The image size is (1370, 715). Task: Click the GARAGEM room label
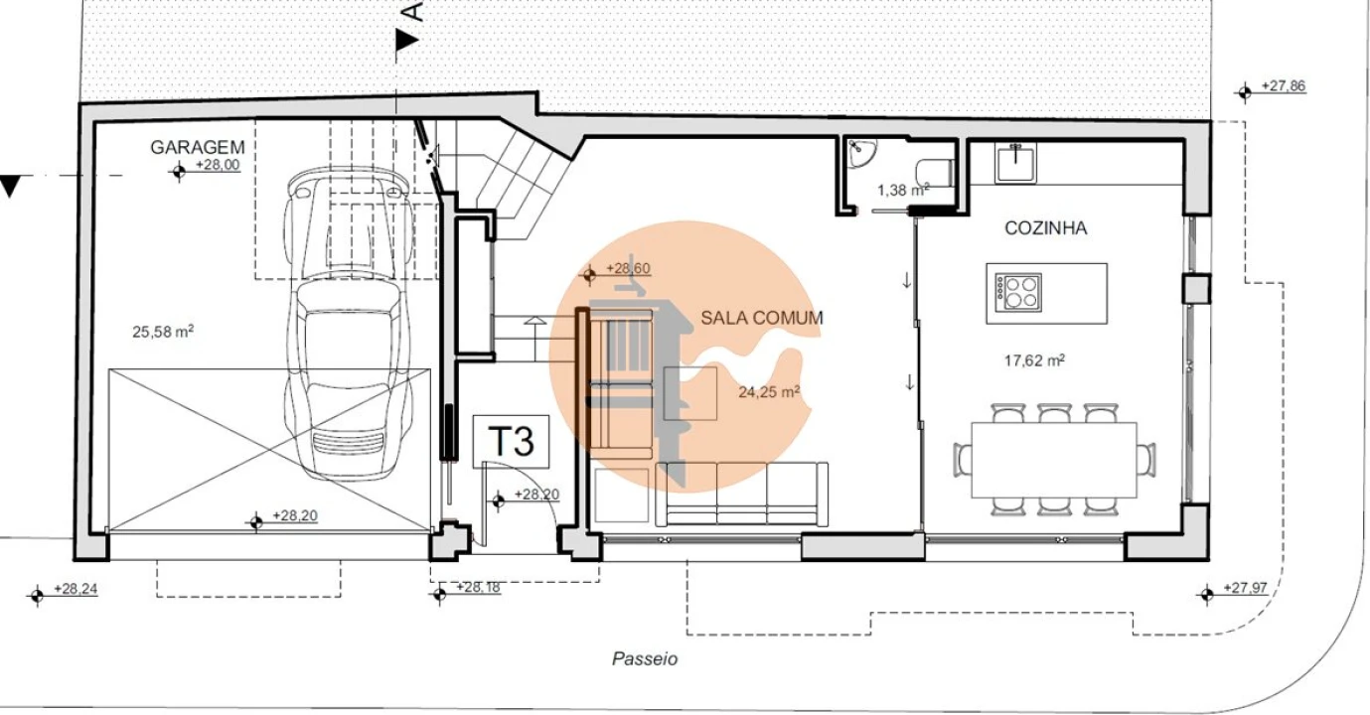point(197,147)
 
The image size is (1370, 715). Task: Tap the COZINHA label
point(1046,228)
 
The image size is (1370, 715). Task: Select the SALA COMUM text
point(761,318)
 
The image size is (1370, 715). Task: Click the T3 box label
point(511,441)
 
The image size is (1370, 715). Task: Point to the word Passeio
point(645,658)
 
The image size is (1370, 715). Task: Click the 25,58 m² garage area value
point(163,332)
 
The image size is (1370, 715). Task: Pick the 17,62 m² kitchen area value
point(1034,360)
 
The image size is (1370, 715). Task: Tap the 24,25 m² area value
point(769,391)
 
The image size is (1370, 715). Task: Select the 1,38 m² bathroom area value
point(903,190)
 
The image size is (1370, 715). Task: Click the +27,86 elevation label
point(1284,86)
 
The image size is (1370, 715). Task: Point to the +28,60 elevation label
point(628,268)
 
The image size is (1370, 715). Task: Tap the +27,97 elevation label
point(1245,588)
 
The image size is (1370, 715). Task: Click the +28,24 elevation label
point(76,589)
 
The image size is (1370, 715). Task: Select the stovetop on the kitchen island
point(1017,293)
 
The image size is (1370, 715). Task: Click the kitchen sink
point(1015,163)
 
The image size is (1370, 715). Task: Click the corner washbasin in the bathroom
point(862,152)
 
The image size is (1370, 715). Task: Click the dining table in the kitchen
point(1054,460)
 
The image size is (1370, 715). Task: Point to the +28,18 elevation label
point(478,587)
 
